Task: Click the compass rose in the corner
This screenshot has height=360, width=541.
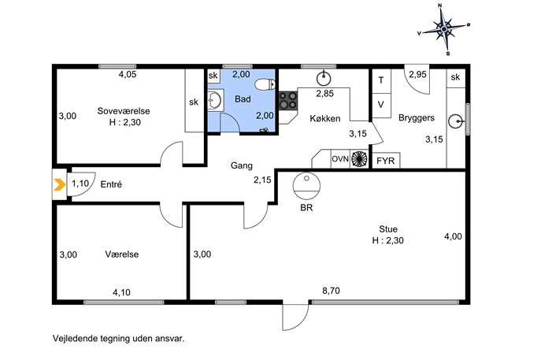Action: pyautogui.click(x=444, y=29)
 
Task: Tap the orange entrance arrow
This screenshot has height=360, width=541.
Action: pyautogui.click(x=59, y=185)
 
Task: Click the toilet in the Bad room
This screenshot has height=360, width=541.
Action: pyautogui.click(x=265, y=84)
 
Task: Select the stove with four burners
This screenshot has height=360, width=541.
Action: pyautogui.click(x=288, y=100)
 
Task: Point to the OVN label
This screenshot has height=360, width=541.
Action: pyautogui.click(x=340, y=159)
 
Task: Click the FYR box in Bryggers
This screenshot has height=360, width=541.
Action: pyautogui.click(x=386, y=161)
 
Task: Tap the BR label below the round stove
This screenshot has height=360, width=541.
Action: pyautogui.click(x=306, y=208)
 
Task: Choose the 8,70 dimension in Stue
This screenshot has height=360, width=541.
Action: pyautogui.click(x=331, y=291)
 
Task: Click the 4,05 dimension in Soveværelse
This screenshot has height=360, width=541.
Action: pyautogui.click(x=128, y=74)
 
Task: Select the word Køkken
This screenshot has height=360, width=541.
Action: pyautogui.click(x=325, y=119)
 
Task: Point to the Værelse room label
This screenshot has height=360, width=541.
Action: pyautogui.click(x=122, y=254)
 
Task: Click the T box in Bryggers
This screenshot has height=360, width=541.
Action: pyautogui.click(x=381, y=80)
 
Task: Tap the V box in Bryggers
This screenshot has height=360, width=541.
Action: pyautogui.click(x=381, y=105)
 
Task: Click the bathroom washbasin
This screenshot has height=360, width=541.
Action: pyautogui.click(x=215, y=100)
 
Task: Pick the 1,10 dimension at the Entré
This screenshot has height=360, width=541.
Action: pyautogui.click(x=80, y=184)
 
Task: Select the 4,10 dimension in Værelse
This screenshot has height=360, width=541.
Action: pyautogui.click(x=121, y=293)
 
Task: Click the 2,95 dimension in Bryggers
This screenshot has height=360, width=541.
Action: pyautogui.click(x=417, y=74)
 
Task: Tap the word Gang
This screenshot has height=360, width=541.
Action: pyautogui.click(x=242, y=165)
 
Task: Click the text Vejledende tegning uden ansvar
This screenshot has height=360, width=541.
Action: pyautogui.click(x=119, y=339)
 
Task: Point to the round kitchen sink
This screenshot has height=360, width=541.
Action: pyautogui.click(x=324, y=78)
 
